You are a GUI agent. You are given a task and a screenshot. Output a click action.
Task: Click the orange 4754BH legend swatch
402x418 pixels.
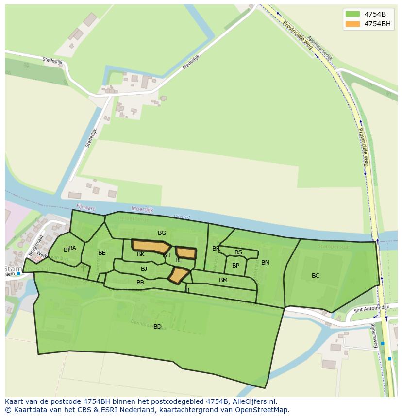point(353,24)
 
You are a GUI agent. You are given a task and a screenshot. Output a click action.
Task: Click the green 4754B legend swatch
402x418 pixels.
point(353,14)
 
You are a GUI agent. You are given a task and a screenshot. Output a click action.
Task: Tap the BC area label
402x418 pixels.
point(316,276)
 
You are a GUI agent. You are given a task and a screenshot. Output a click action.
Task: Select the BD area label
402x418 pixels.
point(157,327)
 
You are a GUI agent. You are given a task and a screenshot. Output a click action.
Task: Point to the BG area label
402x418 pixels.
point(162,233)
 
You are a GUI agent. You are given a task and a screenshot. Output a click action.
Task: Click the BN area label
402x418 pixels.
point(265,263)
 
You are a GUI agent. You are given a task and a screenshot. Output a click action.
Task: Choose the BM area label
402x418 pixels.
point(223,280)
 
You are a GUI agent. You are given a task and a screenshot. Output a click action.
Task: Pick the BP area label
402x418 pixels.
point(235,266)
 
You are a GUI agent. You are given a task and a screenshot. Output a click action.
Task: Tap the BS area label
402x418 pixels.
point(238,252)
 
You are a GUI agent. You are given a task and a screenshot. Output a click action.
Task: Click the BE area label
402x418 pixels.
point(101,253)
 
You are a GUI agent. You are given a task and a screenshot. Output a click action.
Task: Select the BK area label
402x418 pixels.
point(141,254)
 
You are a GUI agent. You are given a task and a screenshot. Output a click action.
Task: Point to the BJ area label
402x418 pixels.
point(144,269)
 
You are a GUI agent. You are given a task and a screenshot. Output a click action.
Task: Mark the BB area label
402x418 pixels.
point(140,283)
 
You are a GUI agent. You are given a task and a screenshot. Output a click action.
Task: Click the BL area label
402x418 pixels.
point(179,260)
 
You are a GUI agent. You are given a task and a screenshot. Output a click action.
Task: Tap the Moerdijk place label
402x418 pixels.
point(142,210)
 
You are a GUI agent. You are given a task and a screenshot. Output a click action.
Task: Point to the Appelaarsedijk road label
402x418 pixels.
point(320,49)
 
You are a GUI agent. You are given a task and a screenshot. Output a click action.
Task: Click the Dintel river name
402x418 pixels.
point(181,217)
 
